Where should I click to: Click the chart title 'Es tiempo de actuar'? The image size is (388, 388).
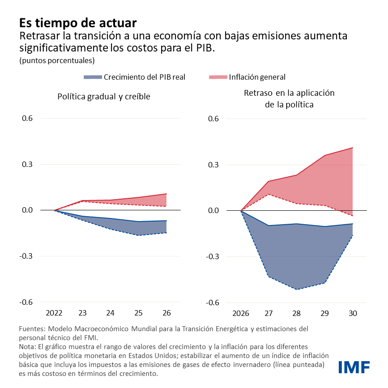coord(77,22)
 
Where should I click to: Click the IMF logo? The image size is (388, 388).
coord(354,367)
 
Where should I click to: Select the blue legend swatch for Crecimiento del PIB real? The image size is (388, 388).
coord(93,77)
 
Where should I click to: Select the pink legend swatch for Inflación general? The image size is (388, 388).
coord(218,77)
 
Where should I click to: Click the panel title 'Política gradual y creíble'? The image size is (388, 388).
coord(103,97)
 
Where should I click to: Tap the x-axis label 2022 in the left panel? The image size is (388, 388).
coord(54,313)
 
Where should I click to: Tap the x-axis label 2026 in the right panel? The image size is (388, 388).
coord(241,313)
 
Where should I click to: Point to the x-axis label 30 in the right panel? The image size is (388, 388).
coord(353,313)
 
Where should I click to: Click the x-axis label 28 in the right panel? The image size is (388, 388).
coord(297,313)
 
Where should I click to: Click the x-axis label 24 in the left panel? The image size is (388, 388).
coord(110,313)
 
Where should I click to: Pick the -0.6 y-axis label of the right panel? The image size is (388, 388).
coord(212,303)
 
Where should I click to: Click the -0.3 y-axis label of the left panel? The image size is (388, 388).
coord(26,256)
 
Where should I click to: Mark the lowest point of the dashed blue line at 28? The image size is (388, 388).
coord(297,289)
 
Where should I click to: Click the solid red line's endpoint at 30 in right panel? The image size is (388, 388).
coord(353,148)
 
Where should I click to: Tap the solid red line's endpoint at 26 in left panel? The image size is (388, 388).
coord(166,194)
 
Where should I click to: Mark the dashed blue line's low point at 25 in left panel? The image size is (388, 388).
coord(138,235)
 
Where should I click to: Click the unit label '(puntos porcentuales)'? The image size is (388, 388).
coord(57,60)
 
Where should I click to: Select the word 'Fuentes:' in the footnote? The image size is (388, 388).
coord(32,329)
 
